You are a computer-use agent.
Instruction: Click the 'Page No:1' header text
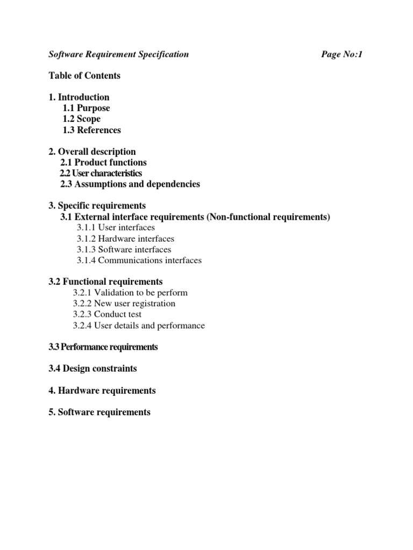point(342,54)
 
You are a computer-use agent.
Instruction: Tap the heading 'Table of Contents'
point(84,76)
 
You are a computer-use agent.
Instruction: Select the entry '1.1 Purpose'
point(86,108)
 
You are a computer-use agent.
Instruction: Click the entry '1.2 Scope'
point(81,119)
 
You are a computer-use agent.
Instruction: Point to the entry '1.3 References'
point(91,130)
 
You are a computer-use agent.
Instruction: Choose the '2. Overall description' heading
point(92,151)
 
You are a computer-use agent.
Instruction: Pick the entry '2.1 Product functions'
point(103,162)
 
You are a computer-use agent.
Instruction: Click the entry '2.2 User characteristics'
point(101,173)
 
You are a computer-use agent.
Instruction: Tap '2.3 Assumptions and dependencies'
point(130,184)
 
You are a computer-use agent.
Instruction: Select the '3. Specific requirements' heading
point(97,206)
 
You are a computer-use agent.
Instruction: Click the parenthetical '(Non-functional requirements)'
point(269,217)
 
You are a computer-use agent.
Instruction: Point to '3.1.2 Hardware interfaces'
point(125,238)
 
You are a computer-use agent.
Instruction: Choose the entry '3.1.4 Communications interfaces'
point(139,260)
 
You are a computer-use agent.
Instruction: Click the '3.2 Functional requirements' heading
point(105,282)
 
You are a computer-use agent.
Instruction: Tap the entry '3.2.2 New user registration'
point(124,303)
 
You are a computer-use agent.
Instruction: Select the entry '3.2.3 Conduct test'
point(108,314)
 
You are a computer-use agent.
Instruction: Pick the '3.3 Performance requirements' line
point(103,347)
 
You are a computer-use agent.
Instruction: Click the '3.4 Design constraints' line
point(92,368)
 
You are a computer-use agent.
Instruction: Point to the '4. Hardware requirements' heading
point(102,390)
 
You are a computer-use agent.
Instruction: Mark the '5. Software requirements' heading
point(99,412)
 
